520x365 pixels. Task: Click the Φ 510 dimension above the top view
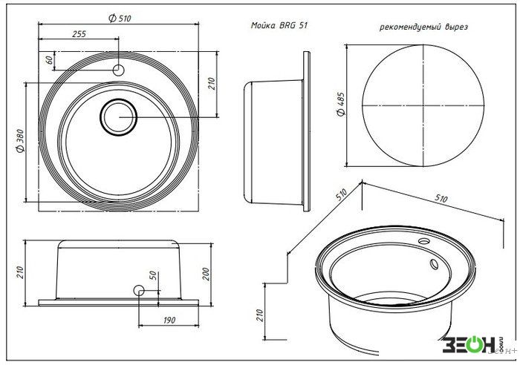coord(120,19)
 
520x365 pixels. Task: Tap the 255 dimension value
coord(79,34)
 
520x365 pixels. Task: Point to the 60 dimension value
coord(49,60)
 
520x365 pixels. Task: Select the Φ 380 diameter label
coord(21,141)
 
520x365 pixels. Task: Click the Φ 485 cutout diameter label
coord(341,104)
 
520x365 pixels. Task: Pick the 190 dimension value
coord(169,320)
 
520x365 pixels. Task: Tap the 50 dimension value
coord(153,275)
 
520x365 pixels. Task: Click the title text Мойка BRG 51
coord(279,25)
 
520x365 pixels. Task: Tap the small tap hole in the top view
coord(118,70)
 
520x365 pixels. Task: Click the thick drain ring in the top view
coord(118,99)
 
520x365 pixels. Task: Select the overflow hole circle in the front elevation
coord(139,291)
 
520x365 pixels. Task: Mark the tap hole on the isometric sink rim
coord(423,241)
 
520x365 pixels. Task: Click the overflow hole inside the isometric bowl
coord(434,264)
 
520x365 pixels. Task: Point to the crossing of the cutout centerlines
coord(423,105)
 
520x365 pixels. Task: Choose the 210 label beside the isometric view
coord(260,315)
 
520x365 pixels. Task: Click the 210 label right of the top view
coord(212,84)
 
